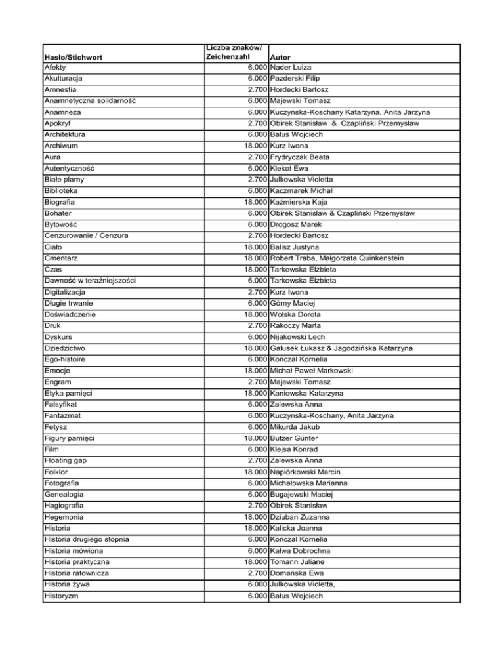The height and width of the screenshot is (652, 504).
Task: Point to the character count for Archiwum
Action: click(253, 145)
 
